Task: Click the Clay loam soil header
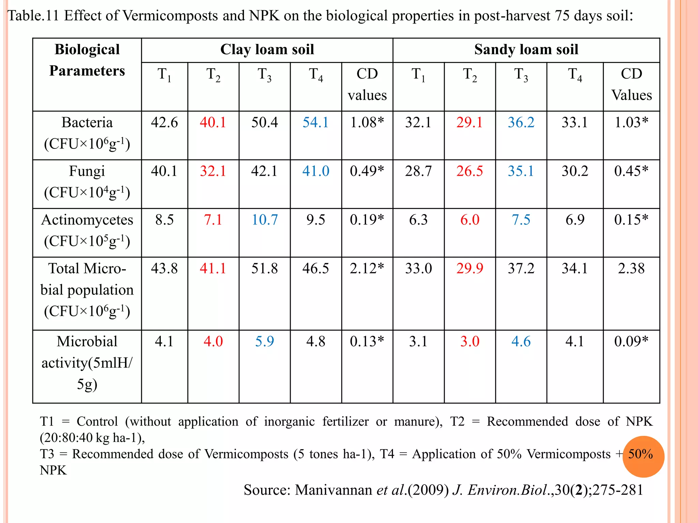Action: [x=267, y=50]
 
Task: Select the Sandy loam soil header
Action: [x=526, y=50]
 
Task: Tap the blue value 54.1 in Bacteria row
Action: [x=316, y=123]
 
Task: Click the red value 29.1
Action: [x=469, y=123]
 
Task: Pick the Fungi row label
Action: [x=87, y=171]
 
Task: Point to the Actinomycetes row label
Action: [x=87, y=220]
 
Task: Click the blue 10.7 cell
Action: [x=264, y=220]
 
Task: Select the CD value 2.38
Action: [x=631, y=269]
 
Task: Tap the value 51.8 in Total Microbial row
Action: [x=264, y=269]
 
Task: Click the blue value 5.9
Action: [x=264, y=342]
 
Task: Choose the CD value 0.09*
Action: [x=631, y=342]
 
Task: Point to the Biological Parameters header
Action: [x=87, y=60]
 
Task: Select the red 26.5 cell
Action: [x=469, y=171]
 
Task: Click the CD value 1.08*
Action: [x=367, y=123]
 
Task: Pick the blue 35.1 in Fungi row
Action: [x=521, y=171]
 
